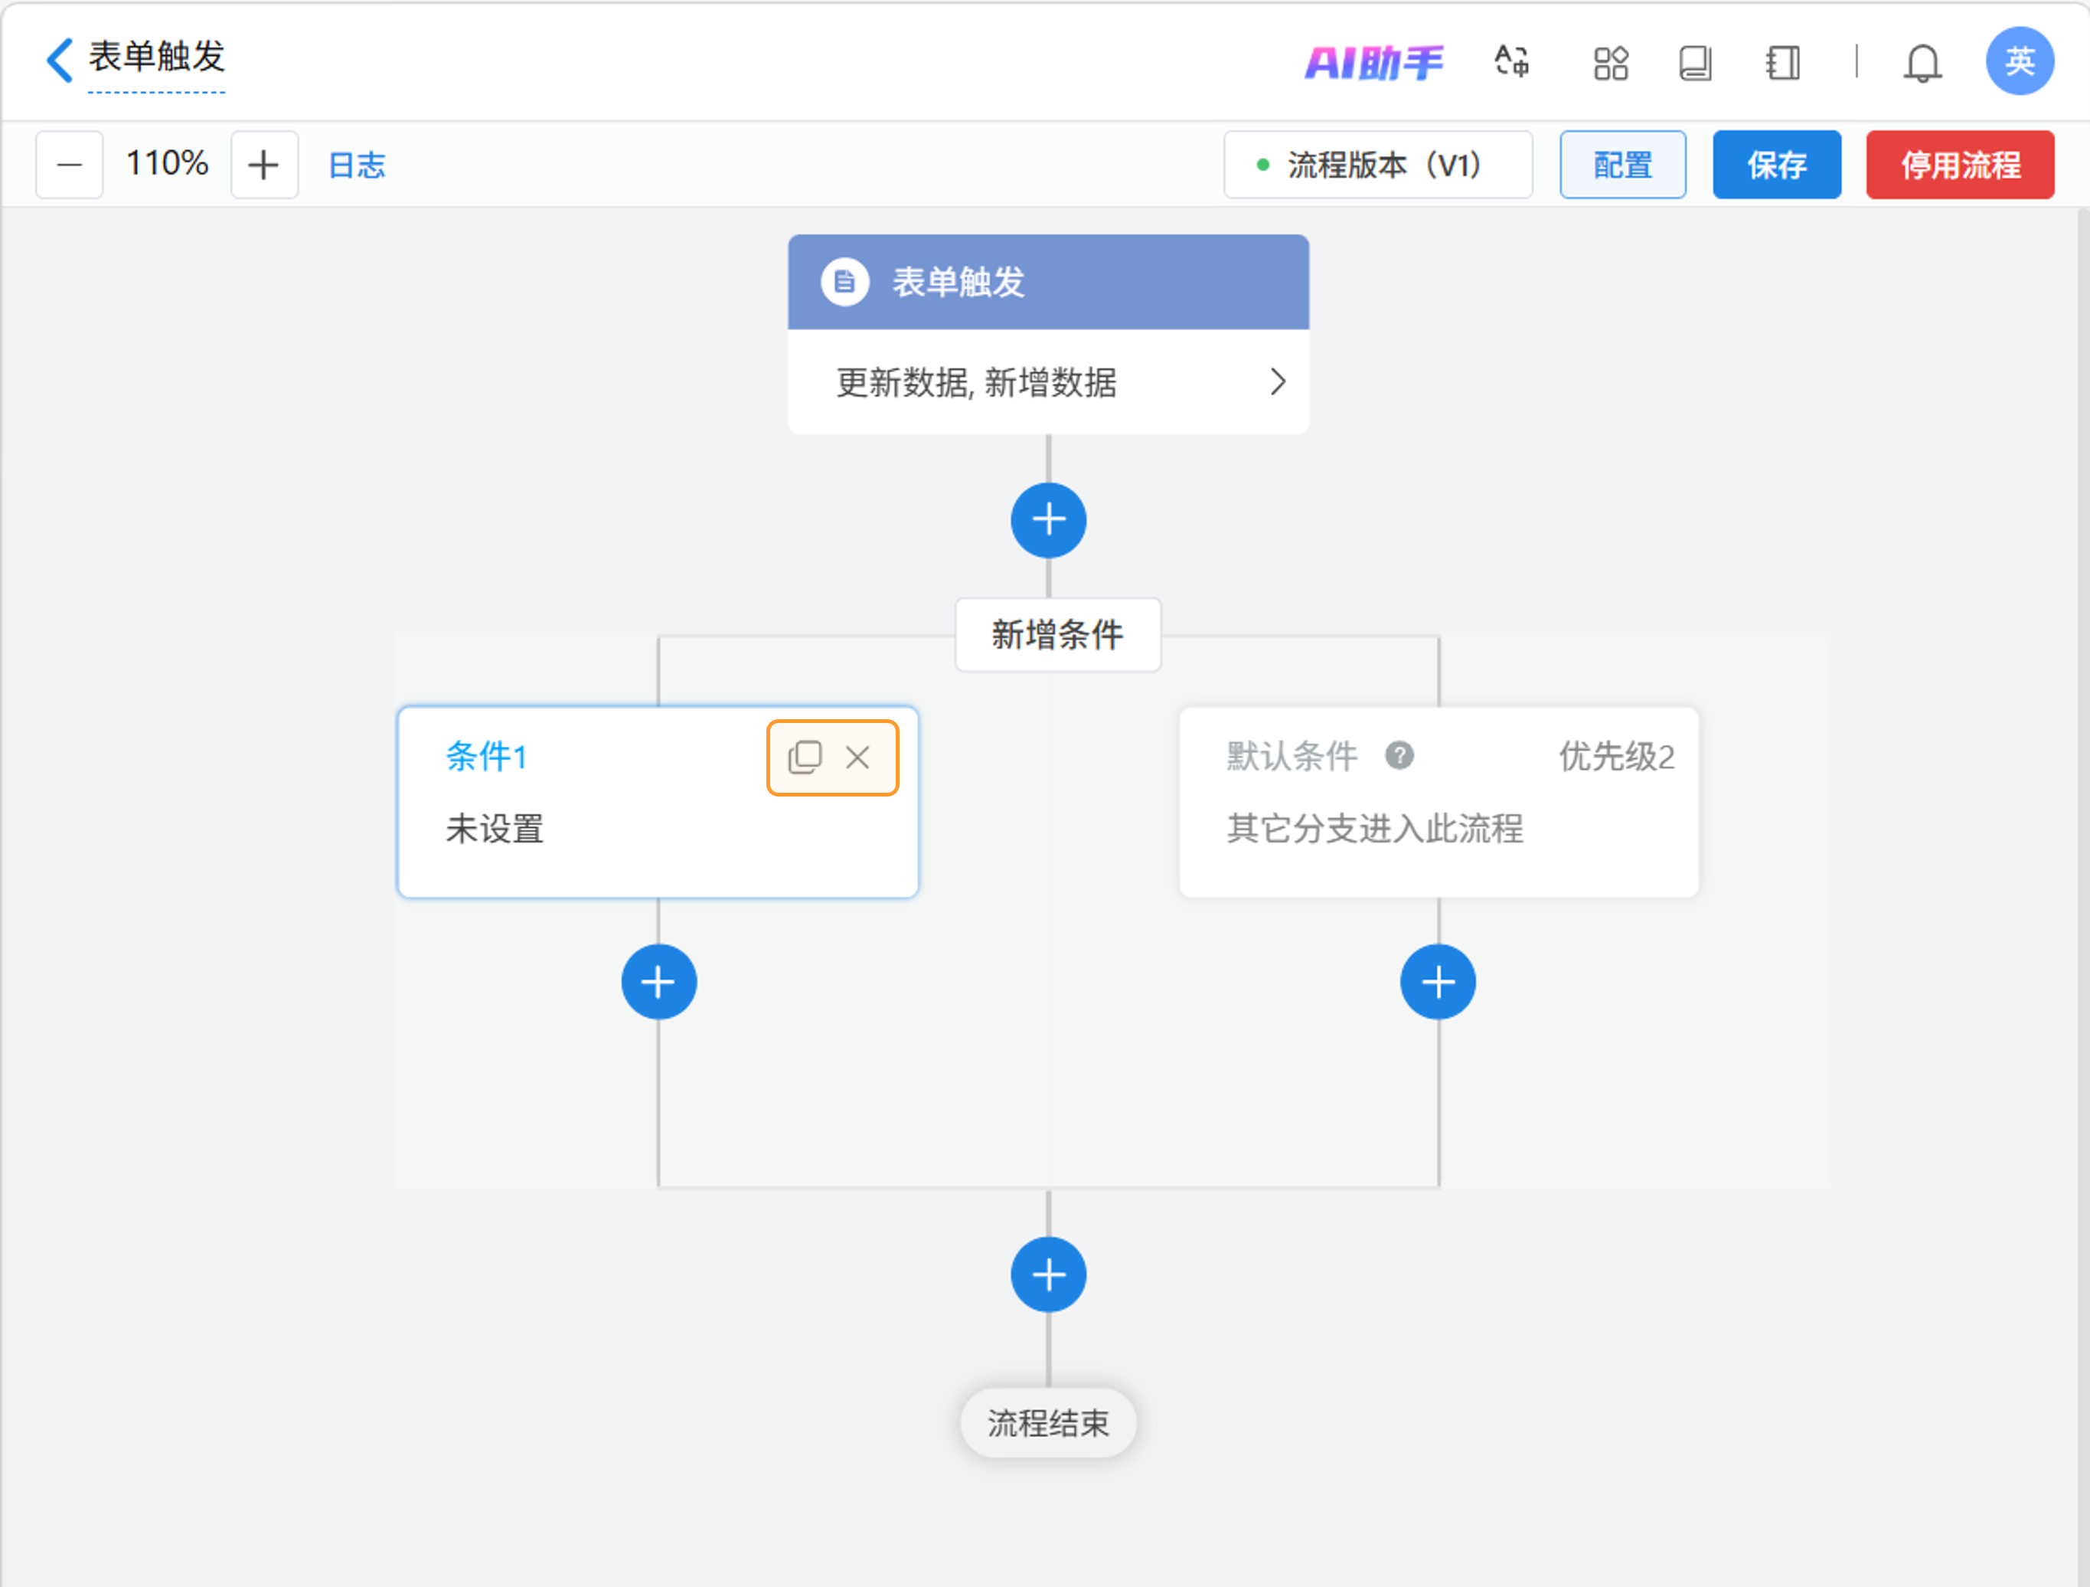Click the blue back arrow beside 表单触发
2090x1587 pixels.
click(x=60, y=60)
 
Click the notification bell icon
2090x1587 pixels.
click(x=1922, y=62)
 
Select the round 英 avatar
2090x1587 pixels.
click(x=2019, y=61)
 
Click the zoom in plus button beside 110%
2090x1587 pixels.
click(x=263, y=165)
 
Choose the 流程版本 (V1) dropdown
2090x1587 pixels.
click(x=1376, y=165)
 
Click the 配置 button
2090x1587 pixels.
click(x=1621, y=165)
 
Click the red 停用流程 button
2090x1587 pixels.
click(x=1960, y=165)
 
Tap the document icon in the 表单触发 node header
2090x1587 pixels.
click(x=844, y=282)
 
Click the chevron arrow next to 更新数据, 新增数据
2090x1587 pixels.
click(x=1278, y=382)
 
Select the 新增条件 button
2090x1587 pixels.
click(x=1057, y=634)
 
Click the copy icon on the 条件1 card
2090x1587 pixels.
click(x=805, y=757)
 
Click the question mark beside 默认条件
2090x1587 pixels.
click(x=1399, y=755)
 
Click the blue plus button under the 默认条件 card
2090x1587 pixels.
click(x=1437, y=982)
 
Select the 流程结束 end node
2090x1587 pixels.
click(x=1048, y=1422)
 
